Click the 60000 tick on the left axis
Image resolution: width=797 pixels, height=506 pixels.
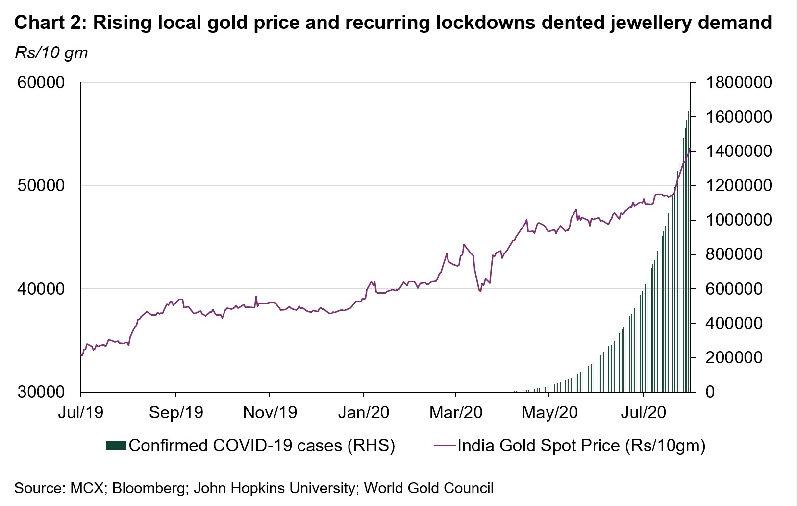tap(41, 83)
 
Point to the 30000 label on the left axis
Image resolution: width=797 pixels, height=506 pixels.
tap(41, 392)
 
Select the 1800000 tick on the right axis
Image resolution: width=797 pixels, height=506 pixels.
tap(739, 83)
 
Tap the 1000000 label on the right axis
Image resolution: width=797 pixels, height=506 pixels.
tap(739, 220)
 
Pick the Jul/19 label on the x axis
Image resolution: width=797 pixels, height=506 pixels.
tap(80, 413)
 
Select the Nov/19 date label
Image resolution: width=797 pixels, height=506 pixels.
tap(270, 413)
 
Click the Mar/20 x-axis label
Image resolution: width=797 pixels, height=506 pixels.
tap(456, 413)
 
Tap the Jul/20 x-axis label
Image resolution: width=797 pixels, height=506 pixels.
tap(643, 413)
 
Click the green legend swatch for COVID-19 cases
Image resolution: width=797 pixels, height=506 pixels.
tap(116, 445)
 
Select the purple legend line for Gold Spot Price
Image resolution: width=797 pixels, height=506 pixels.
tap(445, 445)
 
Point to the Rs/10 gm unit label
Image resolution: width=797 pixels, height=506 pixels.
tap(51, 52)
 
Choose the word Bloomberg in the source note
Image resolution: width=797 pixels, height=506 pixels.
tap(150, 488)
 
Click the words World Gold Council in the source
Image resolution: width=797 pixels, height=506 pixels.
tap(428, 488)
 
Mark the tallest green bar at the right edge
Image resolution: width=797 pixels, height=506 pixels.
tap(690, 245)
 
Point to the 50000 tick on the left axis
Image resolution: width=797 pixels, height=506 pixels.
tap(41, 186)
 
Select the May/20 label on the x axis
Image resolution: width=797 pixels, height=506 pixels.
tap(549, 413)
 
